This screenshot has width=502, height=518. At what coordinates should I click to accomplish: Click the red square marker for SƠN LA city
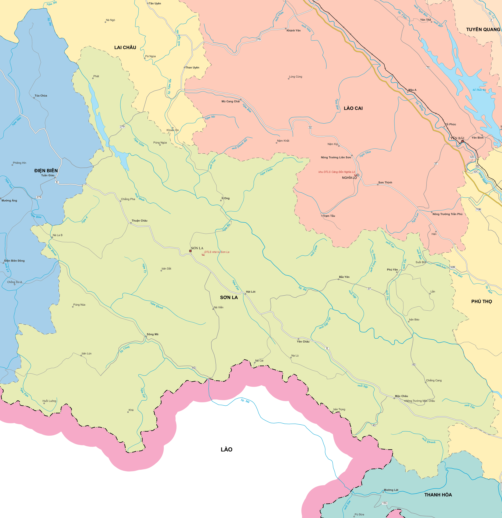190,251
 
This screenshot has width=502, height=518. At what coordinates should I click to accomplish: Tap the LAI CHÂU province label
125,48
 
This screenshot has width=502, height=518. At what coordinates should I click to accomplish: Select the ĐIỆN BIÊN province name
46,171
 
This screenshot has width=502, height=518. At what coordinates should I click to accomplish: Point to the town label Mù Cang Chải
231,102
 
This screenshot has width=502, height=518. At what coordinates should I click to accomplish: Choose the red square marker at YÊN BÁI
462,141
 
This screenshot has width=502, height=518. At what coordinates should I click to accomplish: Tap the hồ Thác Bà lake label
479,90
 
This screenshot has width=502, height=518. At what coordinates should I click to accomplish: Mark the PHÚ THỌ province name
481,302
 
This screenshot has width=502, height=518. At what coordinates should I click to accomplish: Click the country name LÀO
227,449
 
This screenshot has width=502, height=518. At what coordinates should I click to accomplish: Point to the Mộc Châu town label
401,396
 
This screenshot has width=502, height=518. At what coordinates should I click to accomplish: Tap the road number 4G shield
194,368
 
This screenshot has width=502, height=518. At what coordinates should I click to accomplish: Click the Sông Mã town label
152,334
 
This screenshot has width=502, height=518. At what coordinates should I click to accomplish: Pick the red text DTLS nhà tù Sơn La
217,252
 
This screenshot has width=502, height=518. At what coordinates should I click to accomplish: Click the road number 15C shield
384,503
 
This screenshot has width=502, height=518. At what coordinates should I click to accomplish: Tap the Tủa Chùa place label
41,96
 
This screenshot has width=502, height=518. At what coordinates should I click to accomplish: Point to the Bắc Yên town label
344,277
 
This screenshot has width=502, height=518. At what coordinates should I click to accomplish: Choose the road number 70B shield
478,209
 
